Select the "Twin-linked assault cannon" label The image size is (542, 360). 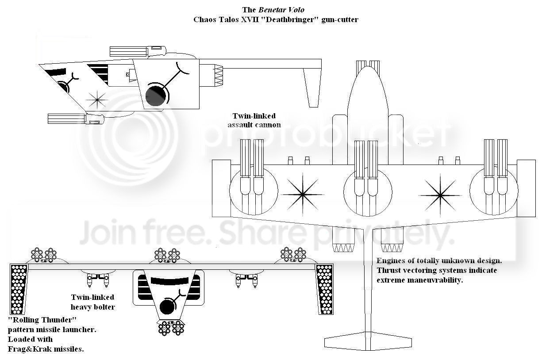tap(254, 120)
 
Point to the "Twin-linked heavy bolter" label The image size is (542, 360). tap(92, 302)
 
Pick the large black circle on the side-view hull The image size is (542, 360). tap(156, 96)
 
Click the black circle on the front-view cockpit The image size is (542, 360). tap(168, 306)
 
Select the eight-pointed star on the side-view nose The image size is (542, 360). tap(97, 100)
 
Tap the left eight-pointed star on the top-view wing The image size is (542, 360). tap(303, 194)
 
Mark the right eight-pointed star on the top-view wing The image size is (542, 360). tap(440, 195)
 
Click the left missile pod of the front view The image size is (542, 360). tap(19, 289)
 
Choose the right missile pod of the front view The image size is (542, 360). tap(324, 289)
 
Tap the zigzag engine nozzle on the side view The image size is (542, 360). tap(219, 76)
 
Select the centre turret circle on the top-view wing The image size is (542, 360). tap(368, 191)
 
